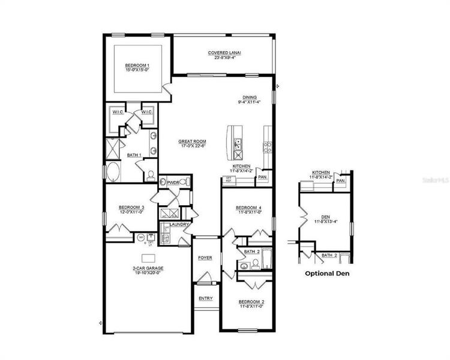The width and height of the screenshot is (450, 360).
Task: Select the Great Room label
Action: [x=192, y=143]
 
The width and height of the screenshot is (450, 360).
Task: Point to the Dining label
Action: [x=250, y=100]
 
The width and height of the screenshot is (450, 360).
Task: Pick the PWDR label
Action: [x=175, y=182]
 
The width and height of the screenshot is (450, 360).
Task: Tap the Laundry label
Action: [x=179, y=225]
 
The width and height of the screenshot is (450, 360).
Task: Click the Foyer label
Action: [x=205, y=258]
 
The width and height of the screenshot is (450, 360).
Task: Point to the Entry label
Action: [x=205, y=298]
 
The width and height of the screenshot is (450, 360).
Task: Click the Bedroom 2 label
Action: [x=251, y=304]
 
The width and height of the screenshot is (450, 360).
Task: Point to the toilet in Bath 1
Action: [x=151, y=176]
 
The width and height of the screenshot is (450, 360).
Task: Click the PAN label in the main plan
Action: [x=262, y=177]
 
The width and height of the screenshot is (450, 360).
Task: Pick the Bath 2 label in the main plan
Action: [x=251, y=252]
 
